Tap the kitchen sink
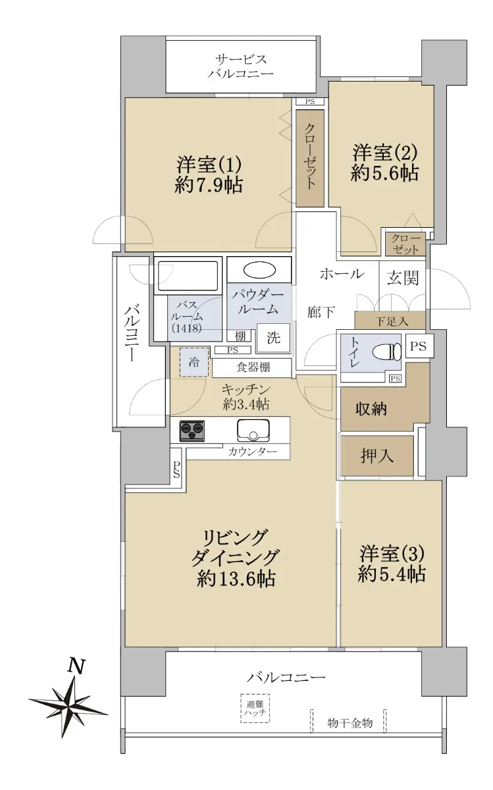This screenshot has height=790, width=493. [x=253, y=430]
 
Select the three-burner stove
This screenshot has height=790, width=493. [x=192, y=431]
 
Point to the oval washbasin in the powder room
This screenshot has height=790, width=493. [x=259, y=271]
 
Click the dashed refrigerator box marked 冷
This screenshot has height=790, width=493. [x=194, y=362]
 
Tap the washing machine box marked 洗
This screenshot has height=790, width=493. [x=273, y=338]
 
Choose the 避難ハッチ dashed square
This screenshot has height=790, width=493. [x=255, y=708]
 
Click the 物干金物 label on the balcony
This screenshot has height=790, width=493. [x=350, y=723]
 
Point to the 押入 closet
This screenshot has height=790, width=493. [x=377, y=456]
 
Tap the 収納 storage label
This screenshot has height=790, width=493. [x=371, y=409]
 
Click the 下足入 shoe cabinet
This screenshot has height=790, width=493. [x=390, y=320]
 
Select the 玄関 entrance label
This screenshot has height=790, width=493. [x=402, y=278]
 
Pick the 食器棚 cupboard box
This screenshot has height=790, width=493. [x=252, y=368]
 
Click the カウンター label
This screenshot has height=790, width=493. [x=253, y=452]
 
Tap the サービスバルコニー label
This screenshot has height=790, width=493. [x=241, y=66]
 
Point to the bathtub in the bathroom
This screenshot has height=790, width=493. [x=188, y=276]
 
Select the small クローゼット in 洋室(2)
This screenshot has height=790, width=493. [x=405, y=244]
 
